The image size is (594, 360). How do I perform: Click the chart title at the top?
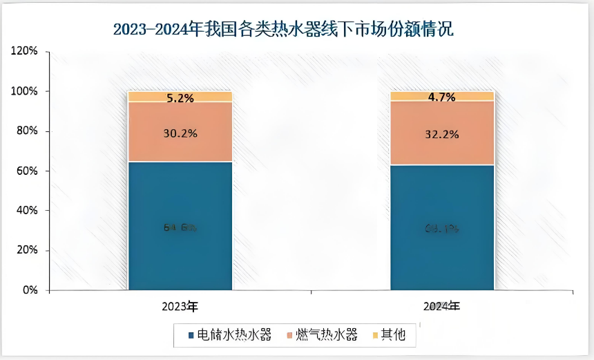(283, 30)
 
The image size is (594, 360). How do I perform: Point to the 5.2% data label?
(180, 98)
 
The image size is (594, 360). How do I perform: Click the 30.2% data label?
(180, 133)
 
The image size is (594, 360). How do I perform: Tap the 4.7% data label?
(442, 97)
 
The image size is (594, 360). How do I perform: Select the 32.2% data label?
(442, 135)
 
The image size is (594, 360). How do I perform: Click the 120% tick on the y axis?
(28, 52)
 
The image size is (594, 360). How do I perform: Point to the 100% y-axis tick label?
(28, 92)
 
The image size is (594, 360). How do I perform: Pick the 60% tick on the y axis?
(31, 171)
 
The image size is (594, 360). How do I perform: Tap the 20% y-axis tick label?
(31, 251)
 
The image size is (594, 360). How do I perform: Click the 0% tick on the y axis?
(34, 291)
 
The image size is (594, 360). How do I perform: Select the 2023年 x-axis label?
(180, 305)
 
